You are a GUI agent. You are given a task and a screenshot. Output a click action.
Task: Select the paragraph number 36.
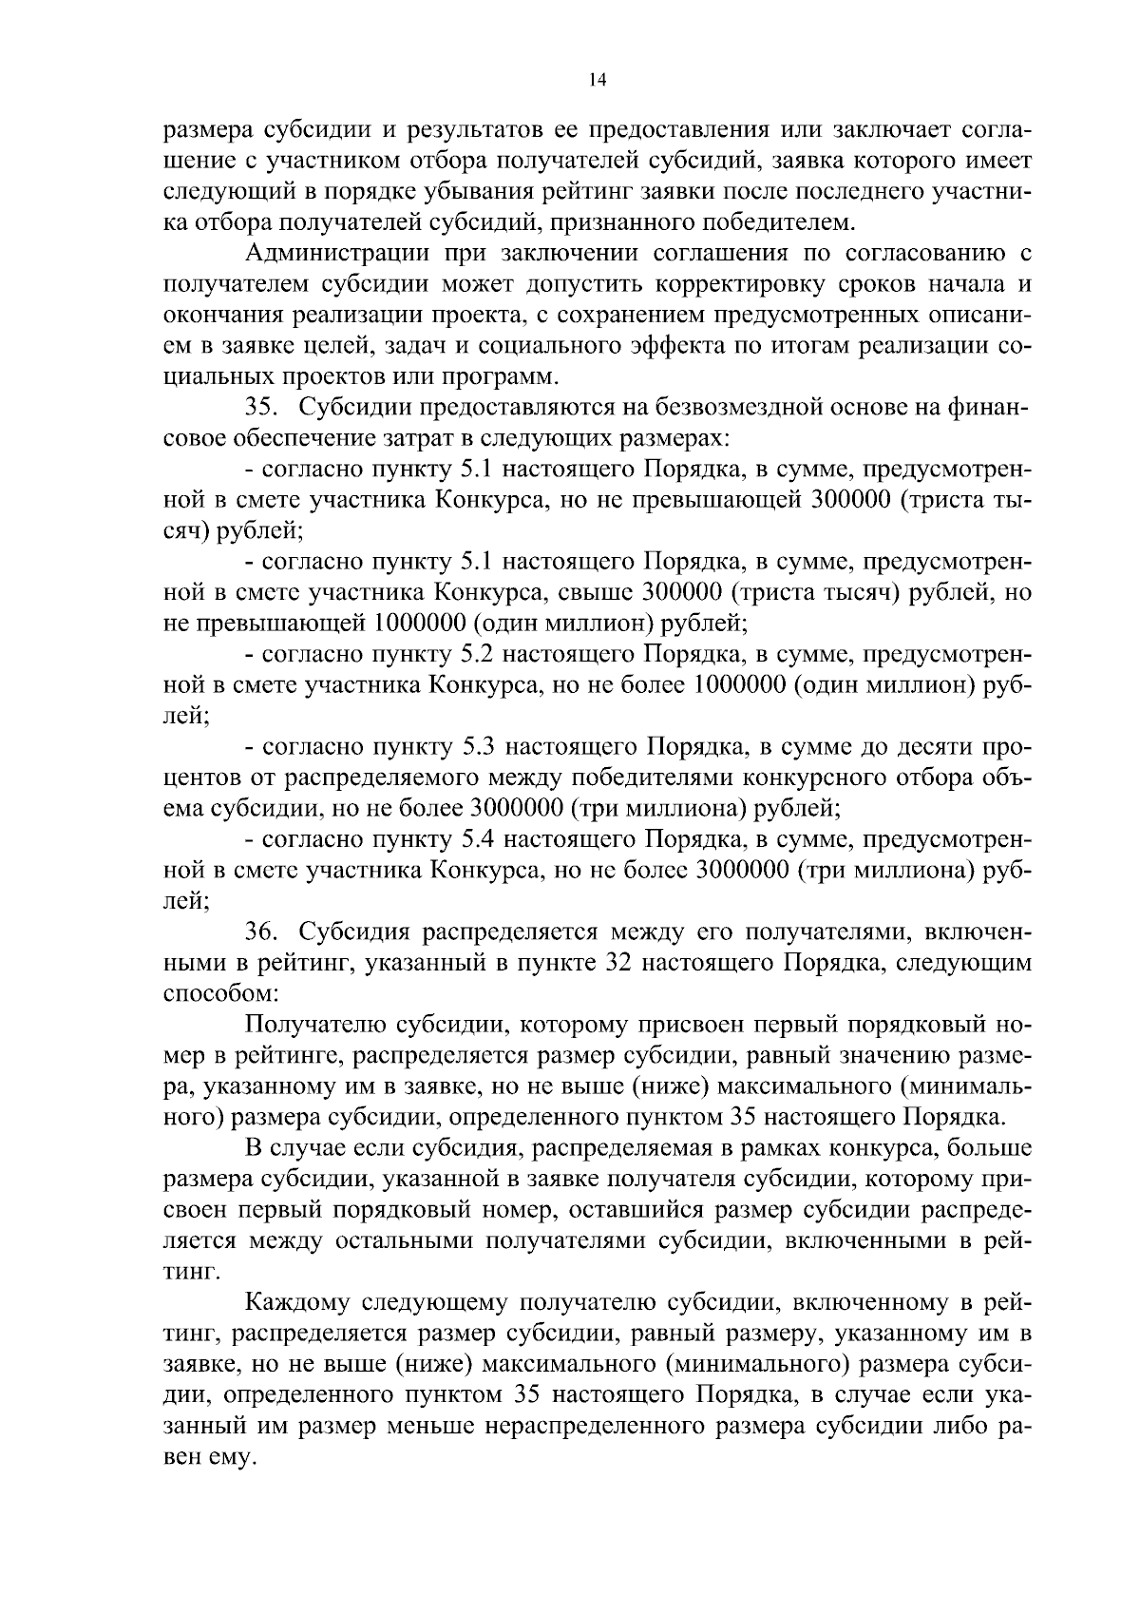click(260, 932)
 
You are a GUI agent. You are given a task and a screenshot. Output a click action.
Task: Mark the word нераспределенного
click(632, 1426)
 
